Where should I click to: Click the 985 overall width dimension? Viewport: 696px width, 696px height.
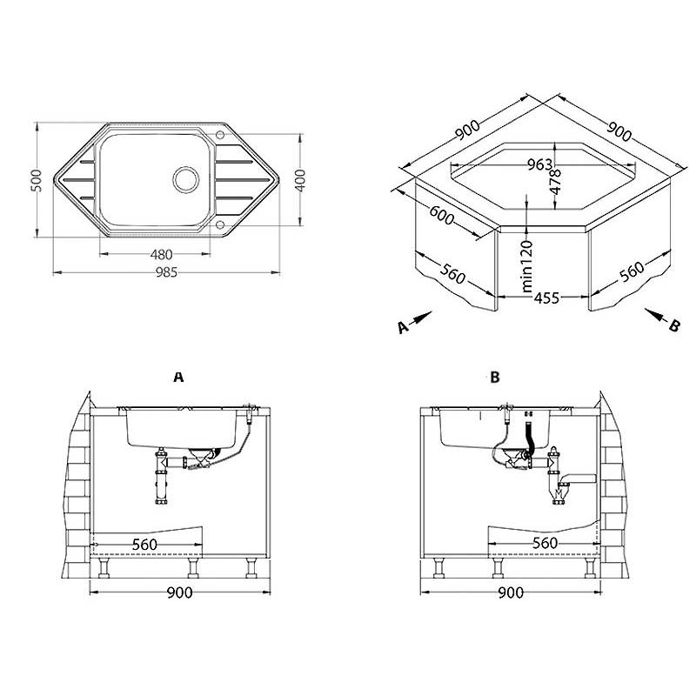(166, 272)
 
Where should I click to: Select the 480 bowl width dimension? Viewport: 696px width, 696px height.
(159, 254)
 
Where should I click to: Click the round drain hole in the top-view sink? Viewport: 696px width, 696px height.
(185, 178)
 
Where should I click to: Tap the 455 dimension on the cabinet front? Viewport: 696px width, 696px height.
(545, 298)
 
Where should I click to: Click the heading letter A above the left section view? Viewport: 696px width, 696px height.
(178, 377)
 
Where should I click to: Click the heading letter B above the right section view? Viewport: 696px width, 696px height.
(495, 377)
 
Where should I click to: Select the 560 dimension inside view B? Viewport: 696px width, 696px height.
(544, 543)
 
